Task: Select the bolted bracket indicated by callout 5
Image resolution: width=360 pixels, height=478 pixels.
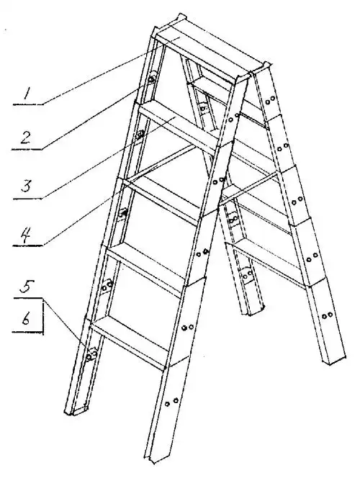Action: (91, 355)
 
